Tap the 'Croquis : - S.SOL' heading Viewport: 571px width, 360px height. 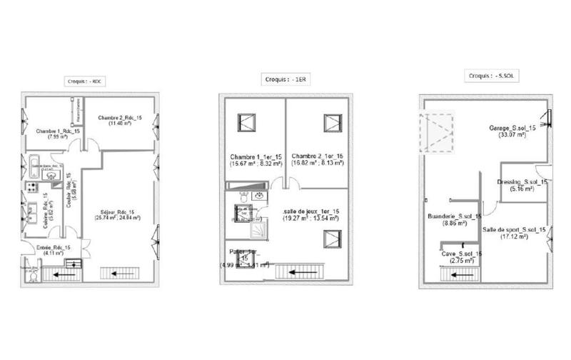(x=488, y=75)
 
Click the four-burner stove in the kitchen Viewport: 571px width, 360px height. (x=31, y=186)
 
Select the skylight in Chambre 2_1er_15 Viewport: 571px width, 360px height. (x=332, y=123)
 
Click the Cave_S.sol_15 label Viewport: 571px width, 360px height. (x=460, y=254)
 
